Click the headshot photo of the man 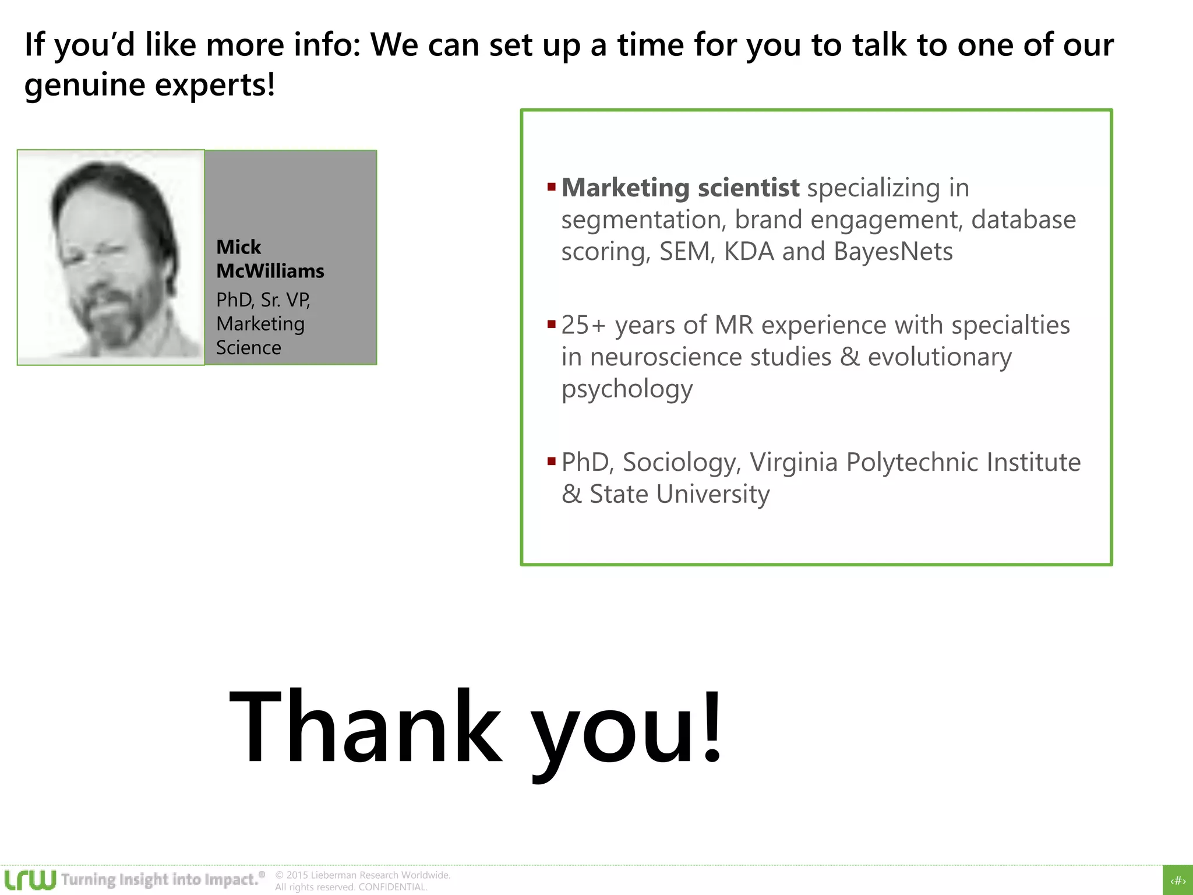coord(111,258)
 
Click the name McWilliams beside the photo coord(270,271)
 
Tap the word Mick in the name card coord(238,247)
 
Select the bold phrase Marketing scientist coord(680,188)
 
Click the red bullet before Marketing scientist coord(552,187)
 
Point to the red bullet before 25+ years coord(552,325)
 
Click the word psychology coord(627,389)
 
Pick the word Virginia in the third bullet coord(793,462)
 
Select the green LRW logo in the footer coord(30,879)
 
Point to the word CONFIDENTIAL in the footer coord(393,887)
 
